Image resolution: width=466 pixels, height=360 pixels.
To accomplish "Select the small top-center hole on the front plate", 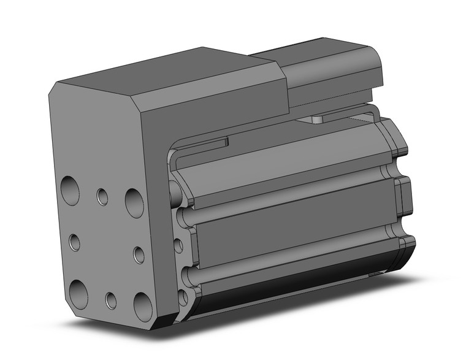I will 102,196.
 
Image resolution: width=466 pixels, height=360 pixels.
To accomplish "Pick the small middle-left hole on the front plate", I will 74,242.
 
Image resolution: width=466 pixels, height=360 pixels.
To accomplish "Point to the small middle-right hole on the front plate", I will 139,255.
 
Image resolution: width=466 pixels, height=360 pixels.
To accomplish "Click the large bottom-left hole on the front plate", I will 78,289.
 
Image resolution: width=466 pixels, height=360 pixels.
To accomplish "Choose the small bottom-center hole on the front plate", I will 111,301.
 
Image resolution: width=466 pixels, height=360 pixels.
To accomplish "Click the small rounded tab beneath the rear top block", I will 318,118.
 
